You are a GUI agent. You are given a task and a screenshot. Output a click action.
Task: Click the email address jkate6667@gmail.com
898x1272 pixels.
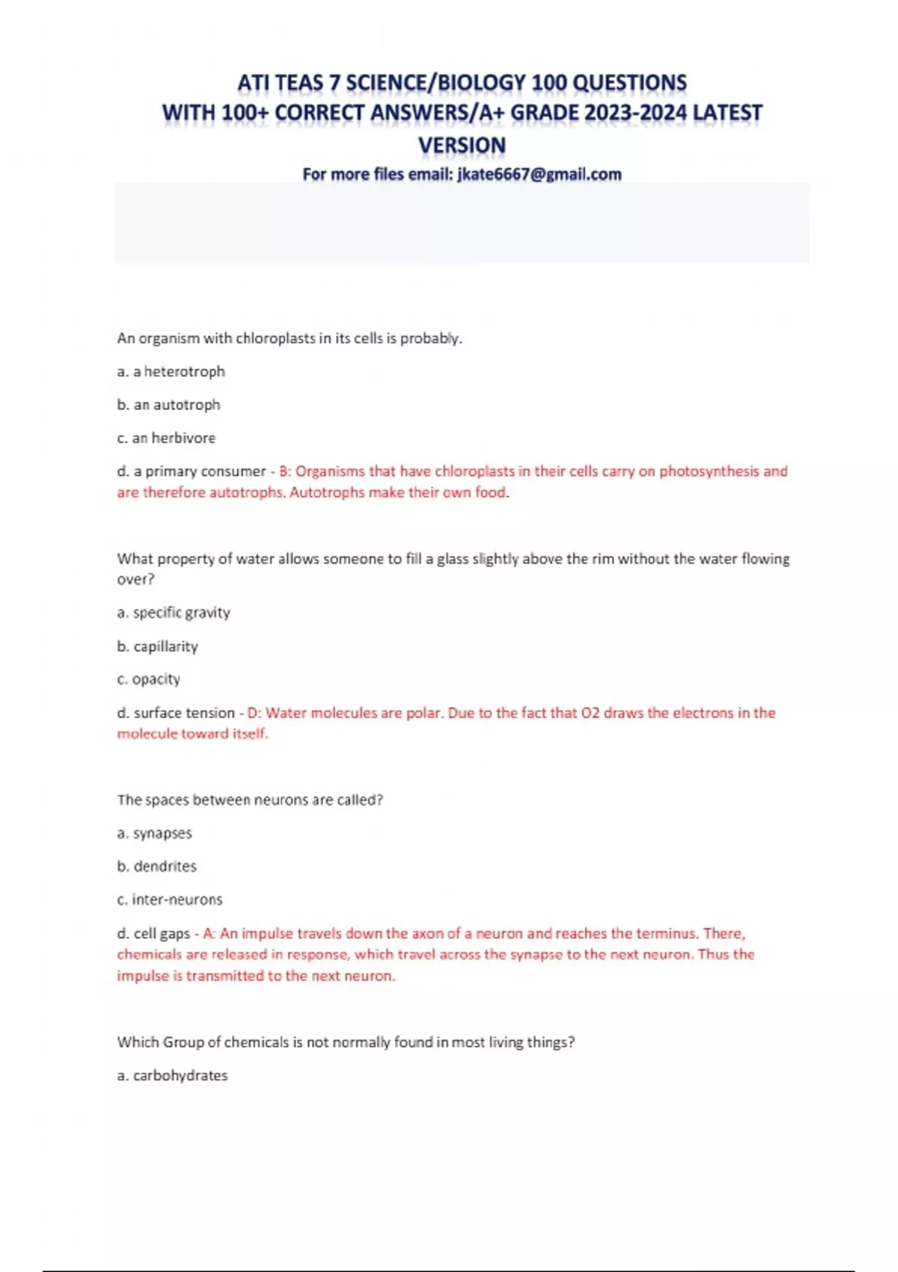[x=539, y=174]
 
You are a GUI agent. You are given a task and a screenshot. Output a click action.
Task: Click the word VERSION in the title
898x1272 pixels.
[x=462, y=145]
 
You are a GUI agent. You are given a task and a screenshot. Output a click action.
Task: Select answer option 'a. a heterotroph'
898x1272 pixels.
[x=171, y=371]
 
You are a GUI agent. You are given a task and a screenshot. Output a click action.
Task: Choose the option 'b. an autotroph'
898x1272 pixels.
[x=168, y=405]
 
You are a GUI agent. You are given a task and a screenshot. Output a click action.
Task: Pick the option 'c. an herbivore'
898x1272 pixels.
[x=166, y=438]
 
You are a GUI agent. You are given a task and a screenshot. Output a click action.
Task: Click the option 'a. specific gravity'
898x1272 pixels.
[x=174, y=613]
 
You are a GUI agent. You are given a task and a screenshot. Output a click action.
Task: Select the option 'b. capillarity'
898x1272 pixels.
[x=157, y=646]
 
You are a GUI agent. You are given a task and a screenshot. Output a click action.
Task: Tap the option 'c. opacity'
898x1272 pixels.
[x=148, y=679]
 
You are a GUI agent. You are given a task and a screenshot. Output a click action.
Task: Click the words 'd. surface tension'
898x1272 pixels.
[x=176, y=713]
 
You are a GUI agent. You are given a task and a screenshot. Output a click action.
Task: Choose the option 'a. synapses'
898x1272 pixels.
[x=154, y=834]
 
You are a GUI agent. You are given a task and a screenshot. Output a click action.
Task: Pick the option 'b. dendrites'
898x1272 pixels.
[x=156, y=866]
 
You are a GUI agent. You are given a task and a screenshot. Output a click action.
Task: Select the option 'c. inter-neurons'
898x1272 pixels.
[x=169, y=899]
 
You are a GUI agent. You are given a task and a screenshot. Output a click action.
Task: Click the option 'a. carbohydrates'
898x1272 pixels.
[x=172, y=1076]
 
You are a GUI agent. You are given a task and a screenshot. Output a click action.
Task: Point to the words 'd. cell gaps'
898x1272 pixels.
[x=153, y=934]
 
